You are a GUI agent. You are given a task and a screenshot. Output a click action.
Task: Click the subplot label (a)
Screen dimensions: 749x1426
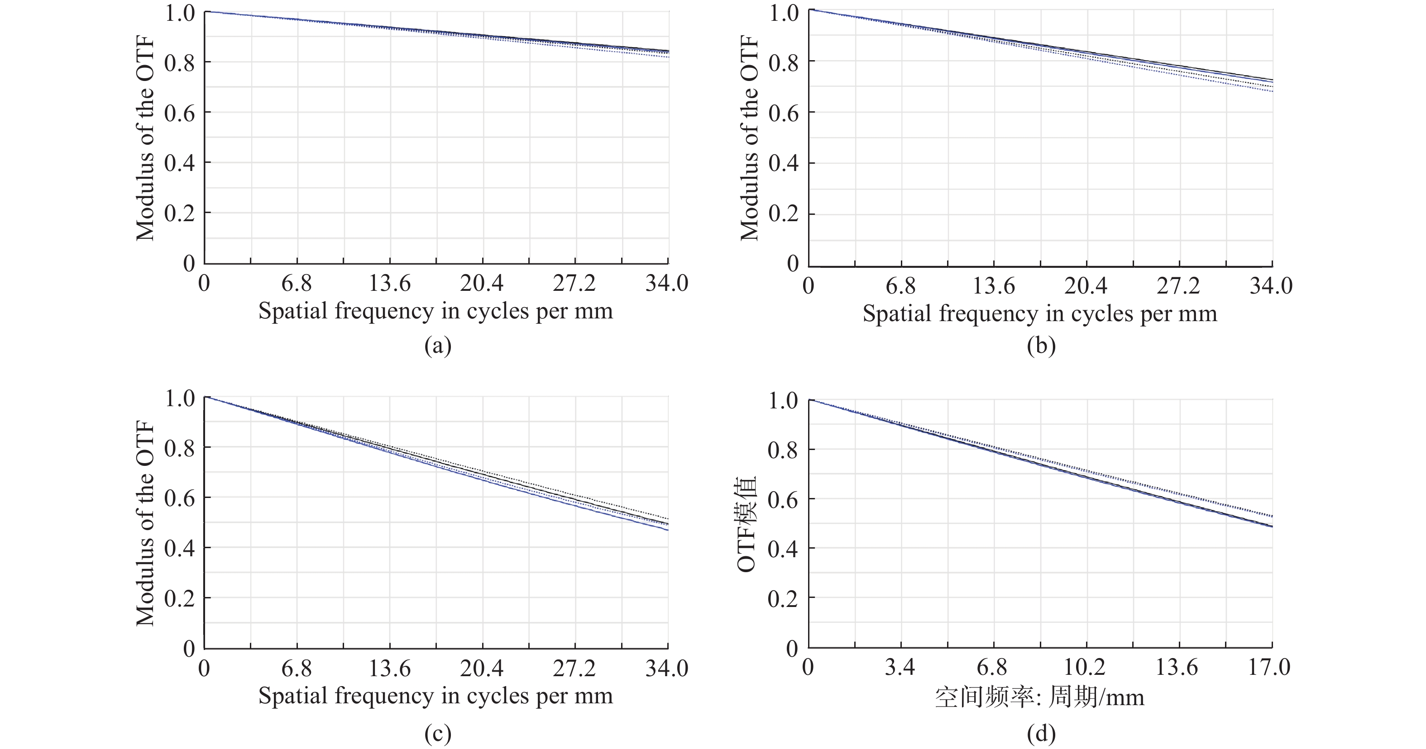coord(437,346)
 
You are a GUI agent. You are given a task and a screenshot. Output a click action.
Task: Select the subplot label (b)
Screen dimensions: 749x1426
coord(1041,346)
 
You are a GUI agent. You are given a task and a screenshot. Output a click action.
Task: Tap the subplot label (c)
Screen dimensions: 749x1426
coord(437,734)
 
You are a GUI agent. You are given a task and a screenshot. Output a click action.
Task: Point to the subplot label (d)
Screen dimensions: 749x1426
coord(1041,734)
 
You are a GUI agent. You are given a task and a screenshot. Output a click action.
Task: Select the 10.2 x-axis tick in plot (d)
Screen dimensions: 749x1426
coord(1085,668)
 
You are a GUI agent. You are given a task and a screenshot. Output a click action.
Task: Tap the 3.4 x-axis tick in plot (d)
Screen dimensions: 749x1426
coord(900,668)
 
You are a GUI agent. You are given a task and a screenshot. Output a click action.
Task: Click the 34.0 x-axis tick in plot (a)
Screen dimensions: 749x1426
coord(666,283)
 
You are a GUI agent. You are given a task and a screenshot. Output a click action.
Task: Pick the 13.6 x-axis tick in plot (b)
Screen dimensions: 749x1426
coord(994,286)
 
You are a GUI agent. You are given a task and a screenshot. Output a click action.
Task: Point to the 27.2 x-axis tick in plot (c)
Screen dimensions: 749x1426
coord(574,669)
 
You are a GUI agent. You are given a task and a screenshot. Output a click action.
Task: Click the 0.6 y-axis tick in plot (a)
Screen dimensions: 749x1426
coord(180,114)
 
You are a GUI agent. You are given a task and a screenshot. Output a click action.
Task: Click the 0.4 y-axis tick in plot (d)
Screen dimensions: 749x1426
coord(783,549)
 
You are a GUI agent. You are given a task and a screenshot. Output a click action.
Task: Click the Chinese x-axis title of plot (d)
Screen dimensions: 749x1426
coord(1039,697)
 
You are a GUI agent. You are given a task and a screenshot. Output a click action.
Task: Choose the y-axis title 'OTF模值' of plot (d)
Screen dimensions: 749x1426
coord(747,523)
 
